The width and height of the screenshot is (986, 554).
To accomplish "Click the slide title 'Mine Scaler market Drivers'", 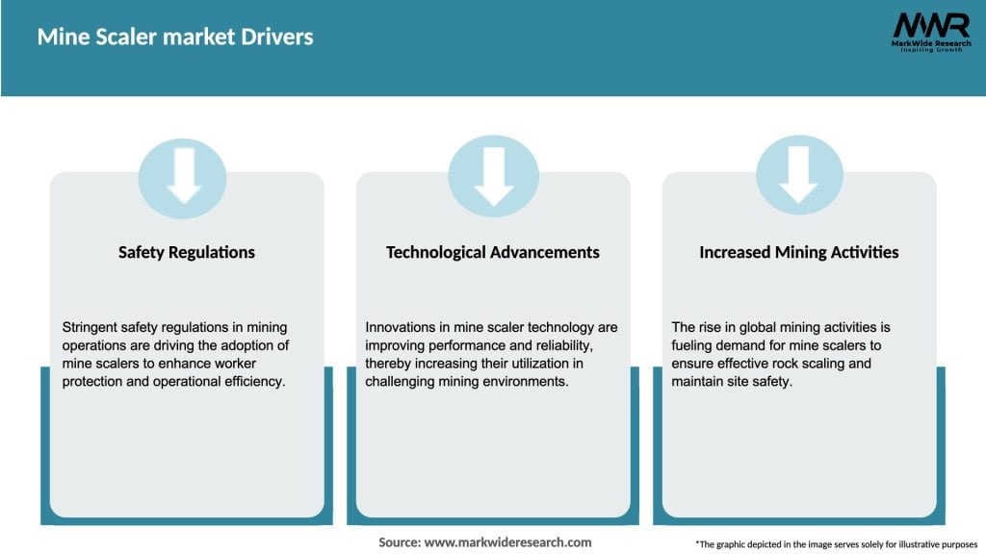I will [175, 38].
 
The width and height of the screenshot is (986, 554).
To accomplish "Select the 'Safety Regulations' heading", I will [187, 252].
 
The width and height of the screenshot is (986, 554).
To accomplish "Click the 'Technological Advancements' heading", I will [492, 252].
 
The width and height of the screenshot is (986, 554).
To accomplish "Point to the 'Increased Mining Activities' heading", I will [798, 252].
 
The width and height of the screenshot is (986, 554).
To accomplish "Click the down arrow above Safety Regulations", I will [183, 177].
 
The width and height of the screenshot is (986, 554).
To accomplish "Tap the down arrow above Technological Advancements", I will [493, 177].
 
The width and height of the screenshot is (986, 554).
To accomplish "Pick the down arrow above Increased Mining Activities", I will [799, 177].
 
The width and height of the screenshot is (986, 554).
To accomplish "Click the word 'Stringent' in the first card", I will [90, 328].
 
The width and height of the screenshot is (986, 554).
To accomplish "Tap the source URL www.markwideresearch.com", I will [508, 542].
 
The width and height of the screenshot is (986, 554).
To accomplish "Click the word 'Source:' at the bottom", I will [400, 542].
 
